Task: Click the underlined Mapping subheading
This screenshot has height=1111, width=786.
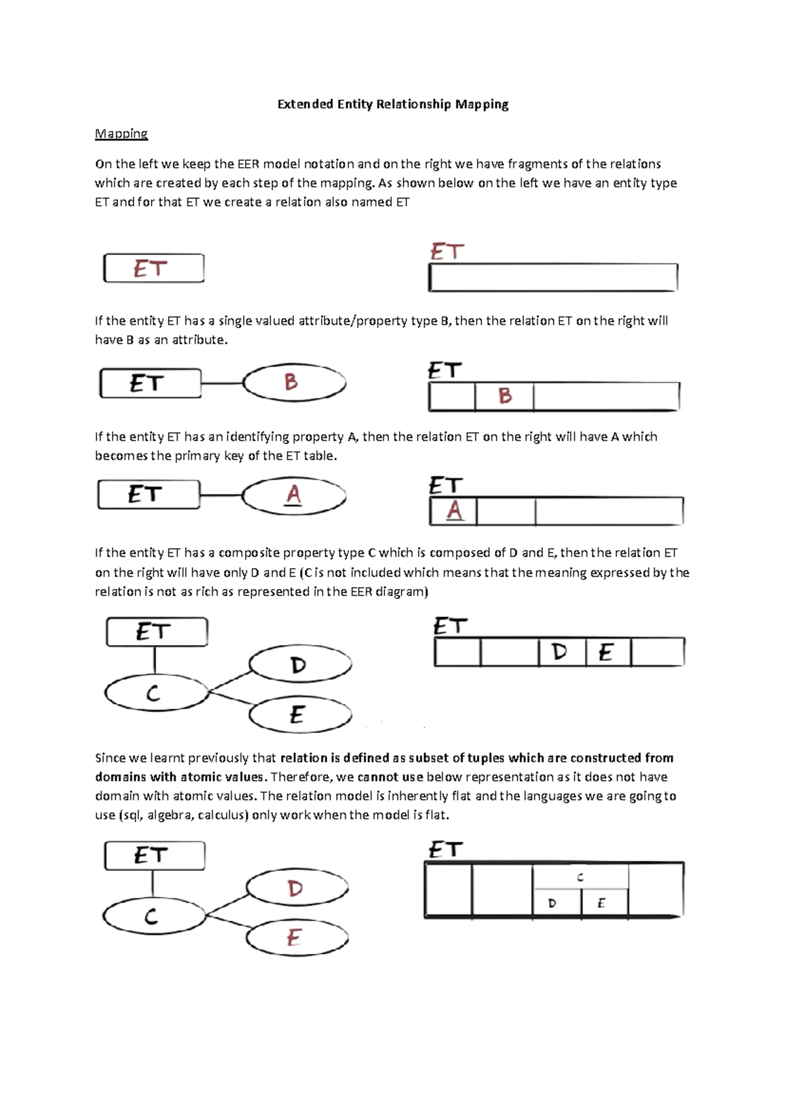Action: coord(121,134)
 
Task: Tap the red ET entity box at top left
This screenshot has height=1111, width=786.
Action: coord(153,269)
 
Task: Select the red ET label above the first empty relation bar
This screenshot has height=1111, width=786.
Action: coord(447,252)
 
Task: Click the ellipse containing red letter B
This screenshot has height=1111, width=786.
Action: coord(294,383)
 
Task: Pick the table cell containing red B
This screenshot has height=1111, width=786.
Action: coord(504,396)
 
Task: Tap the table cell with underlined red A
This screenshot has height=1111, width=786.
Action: coord(454,512)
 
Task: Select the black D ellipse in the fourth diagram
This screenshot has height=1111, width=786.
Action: coord(300,665)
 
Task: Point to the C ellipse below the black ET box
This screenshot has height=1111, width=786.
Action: coord(155,693)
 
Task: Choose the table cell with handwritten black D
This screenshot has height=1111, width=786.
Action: coord(561,652)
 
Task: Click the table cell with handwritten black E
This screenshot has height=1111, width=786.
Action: coord(607,652)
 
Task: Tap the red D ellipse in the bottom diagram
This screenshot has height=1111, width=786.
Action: coord(297,889)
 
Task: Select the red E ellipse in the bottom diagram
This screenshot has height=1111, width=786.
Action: coord(296,938)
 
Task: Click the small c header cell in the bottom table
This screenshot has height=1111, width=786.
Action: coord(580,876)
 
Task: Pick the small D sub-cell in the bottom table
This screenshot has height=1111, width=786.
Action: coord(556,903)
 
